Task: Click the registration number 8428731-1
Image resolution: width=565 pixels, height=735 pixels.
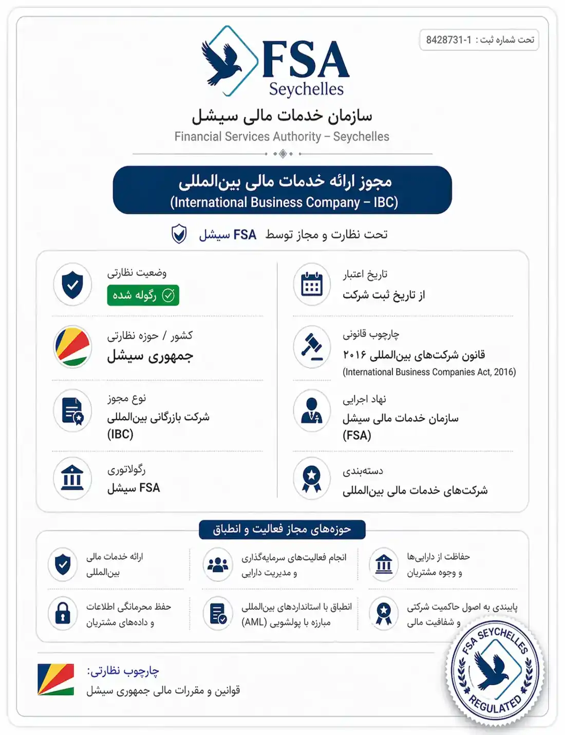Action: pyautogui.click(x=448, y=40)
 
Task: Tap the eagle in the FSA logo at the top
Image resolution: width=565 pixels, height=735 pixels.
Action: pyautogui.click(x=222, y=63)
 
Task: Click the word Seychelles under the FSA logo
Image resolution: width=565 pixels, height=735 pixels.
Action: pyautogui.click(x=306, y=89)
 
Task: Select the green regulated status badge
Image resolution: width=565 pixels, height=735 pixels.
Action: pyautogui.click(x=143, y=295)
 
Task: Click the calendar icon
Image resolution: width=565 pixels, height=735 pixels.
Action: pyautogui.click(x=312, y=284)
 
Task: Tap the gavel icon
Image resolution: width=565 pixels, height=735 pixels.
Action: pyautogui.click(x=312, y=346)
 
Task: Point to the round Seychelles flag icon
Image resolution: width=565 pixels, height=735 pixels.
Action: pyautogui.click(x=72, y=346)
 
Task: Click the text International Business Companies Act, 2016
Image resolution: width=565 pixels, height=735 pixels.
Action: pyautogui.click(x=429, y=372)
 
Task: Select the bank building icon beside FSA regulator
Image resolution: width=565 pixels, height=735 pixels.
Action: pyautogui.click(x=72, y=478)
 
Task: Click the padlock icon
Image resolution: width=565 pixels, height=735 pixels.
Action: pyautogui.click(x=63, y=613)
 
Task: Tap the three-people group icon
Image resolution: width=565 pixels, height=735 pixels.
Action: pyautogui.click(x=218, y=564)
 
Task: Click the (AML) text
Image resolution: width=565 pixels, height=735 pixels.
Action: pyautogui.click(x=254, y=622)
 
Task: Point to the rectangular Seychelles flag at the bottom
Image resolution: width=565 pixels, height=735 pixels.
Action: pyautogui.click(x=55, y=679)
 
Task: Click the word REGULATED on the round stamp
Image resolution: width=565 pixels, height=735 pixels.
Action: pyautogui.click(x=495, y=705)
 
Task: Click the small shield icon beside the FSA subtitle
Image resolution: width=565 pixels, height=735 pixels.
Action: pyautogui.click(x=179, y=234)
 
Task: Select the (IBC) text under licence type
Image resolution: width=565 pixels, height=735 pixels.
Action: pyautogui.click(x=120, y=434)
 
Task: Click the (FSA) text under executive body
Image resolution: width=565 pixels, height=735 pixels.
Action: pyautogui.click(x=357, y=435)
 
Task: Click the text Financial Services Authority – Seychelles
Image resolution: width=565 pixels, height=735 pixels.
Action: pyautogui.click(x=281, y=137)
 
